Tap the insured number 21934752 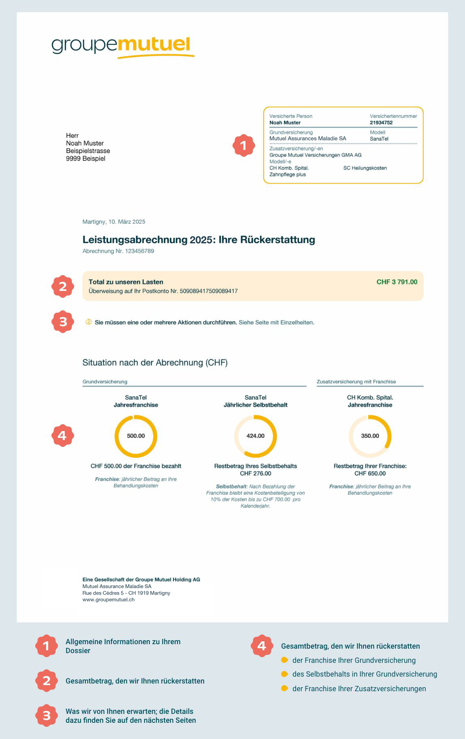(381, 123)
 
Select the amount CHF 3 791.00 (397, 282)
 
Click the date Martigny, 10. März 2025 (114, 222)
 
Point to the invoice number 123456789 (139, 251)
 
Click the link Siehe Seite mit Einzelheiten (276, 323)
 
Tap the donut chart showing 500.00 (136, 436)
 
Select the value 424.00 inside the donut (255, 436)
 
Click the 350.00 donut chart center (370, 436)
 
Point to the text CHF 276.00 (255, 474)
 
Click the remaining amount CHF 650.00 (370, 474)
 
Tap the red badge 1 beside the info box (243, 145)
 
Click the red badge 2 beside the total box (63, 287)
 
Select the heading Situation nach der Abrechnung (155, 363)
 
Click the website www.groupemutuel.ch (108, 600)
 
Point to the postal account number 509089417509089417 (209, 291)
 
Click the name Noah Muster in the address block (85, 143)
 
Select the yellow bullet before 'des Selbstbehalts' (284, 674)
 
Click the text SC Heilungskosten (365, 168)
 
